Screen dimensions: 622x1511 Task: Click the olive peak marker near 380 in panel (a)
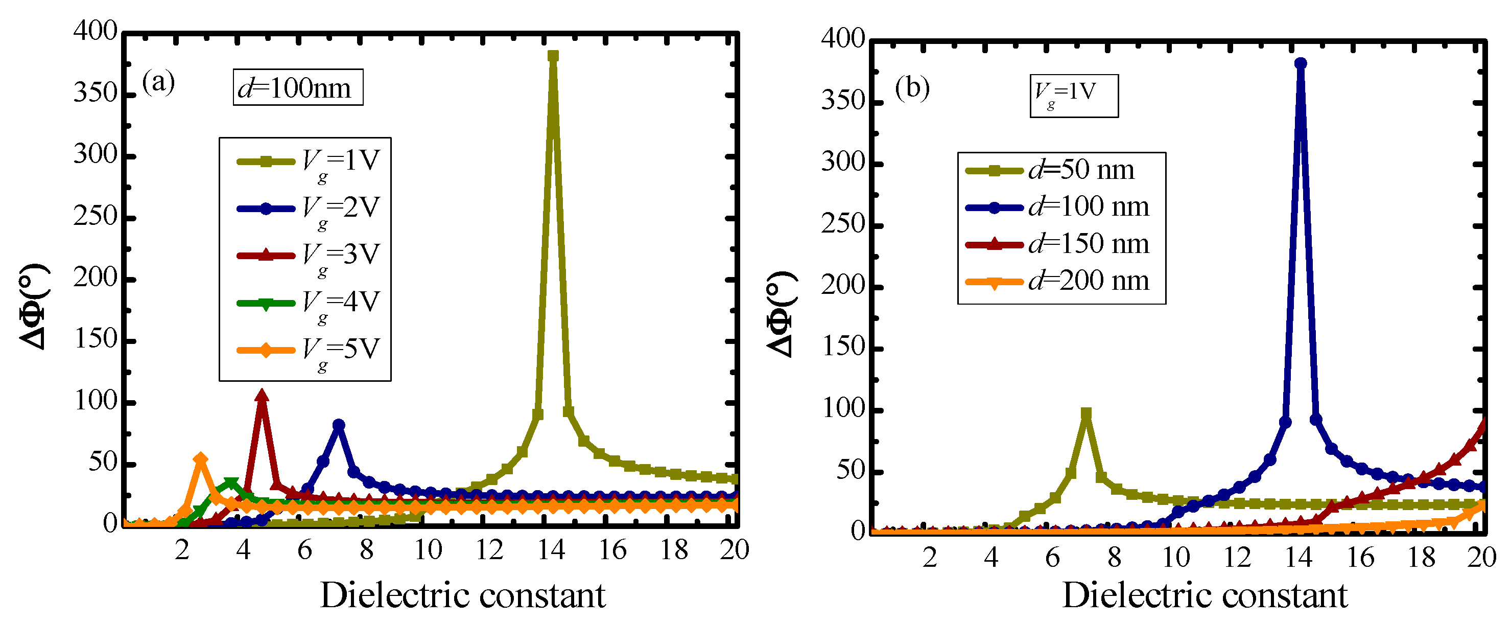(553, 56)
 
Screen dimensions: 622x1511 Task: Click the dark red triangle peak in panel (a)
(262, 396)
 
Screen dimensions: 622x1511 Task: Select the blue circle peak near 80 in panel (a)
(339, 425)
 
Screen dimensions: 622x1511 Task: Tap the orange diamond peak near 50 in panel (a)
(201, 459)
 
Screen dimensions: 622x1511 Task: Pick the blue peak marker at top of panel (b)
(1301, 63)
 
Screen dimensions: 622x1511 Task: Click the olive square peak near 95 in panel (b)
(1085, 413)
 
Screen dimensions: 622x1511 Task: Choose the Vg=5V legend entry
(309, 350)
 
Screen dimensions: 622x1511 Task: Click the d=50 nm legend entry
(1050, 171)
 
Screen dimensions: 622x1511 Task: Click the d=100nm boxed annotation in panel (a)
(297, 88)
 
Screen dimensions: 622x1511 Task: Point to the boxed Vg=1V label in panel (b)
(1073, 96)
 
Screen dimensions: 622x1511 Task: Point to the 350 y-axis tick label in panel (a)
(95, 94)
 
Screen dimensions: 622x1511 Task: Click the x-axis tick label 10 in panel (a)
(428, 550)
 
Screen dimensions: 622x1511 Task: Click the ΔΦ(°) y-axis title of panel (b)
(782, 313)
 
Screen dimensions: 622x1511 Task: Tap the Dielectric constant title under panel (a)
(462, 595)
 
